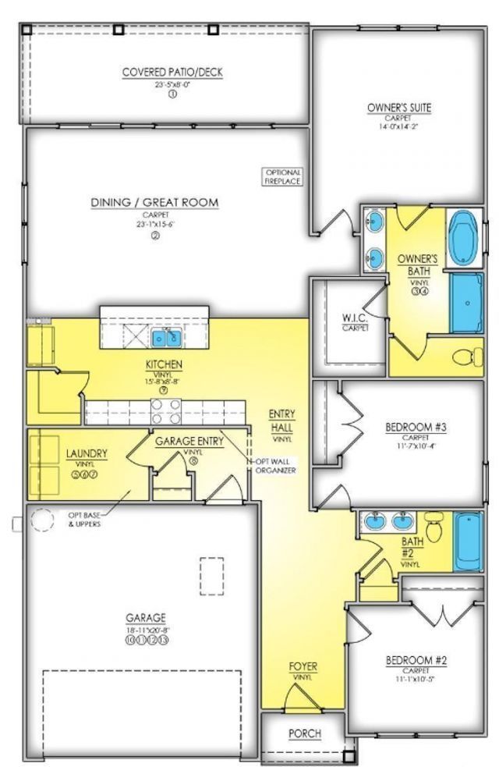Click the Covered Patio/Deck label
click(x=172, y=73)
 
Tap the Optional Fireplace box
click(x=282, y=176)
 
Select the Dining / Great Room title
click(x=154, y=203)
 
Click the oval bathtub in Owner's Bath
click(x=465, y=236)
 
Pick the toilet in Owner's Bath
click(x=466, y=357)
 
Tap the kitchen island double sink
click(x=167, y=338)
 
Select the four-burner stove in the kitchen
click(x=165, y=410)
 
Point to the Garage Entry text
click(x=189, y=441)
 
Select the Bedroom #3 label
click(x=416, y=428)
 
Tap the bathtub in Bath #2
click(x=469, y=540)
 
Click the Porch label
click(x=305, y=733)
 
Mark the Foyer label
click(x=303, y=667)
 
